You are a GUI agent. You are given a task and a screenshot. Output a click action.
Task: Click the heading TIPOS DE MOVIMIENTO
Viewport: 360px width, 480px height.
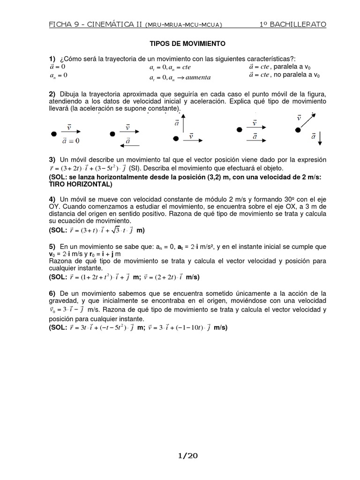coord(187,44)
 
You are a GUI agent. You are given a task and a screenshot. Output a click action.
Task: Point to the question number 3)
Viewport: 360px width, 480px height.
coord(52,160)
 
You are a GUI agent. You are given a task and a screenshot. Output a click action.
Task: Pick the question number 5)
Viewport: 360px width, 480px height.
coord(52,247)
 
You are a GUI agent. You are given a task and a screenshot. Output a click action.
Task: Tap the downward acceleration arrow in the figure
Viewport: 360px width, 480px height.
coord(320,138)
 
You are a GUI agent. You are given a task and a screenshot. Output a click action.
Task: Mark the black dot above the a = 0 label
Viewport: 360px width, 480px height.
coord(53,134)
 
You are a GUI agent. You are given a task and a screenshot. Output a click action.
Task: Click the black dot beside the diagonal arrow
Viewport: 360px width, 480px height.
coord(297,130)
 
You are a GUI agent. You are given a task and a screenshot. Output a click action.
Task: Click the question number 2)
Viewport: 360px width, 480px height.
coord(52,94)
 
